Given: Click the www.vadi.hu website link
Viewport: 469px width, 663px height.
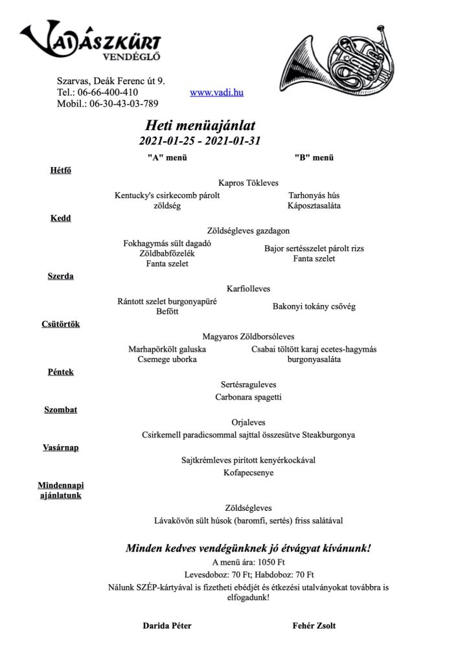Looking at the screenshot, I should pos(216,93).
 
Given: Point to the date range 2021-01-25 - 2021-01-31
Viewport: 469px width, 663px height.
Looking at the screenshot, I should pos(199,140).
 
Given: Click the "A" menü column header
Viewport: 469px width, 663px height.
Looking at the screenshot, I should pos(167,157).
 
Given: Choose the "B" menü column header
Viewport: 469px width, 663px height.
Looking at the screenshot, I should pos(314,157).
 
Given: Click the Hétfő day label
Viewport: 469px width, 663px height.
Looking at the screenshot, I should pos(60,170).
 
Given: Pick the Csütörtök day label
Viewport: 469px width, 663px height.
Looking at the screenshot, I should pos(60,324).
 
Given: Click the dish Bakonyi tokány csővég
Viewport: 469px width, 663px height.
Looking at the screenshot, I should pos(314,306).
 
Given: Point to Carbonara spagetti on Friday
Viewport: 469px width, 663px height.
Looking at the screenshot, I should pos(249,397).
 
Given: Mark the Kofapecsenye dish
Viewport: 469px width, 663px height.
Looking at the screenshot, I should pos(249,473).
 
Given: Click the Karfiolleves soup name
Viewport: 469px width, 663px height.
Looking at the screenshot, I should pos(249,288).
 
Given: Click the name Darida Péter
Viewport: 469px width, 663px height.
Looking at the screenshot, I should pos(167,625).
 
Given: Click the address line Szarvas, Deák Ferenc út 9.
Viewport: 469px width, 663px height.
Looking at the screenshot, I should pos(111,81).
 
